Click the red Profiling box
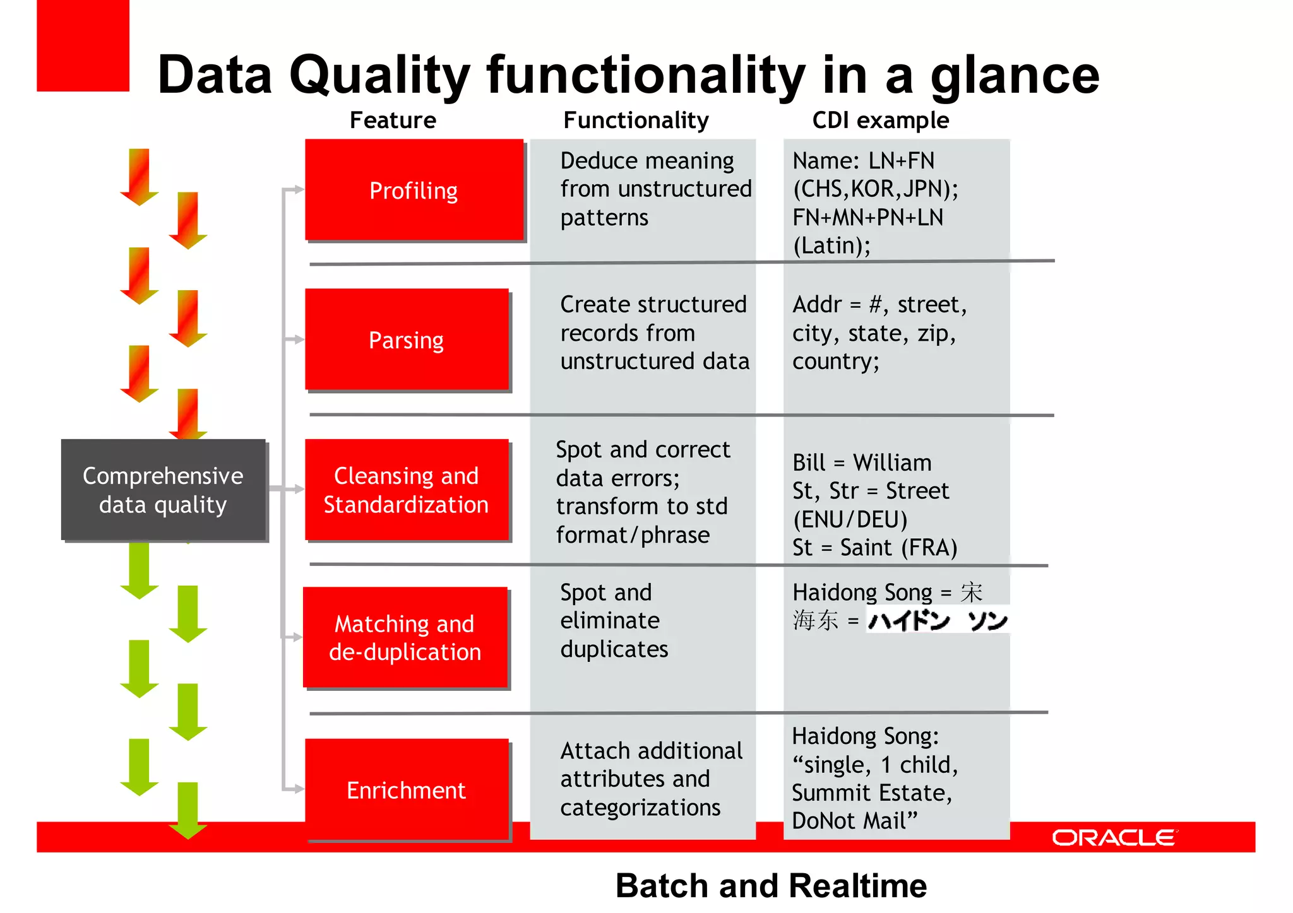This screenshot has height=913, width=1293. click(x=414, y=190)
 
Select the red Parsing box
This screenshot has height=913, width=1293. click(x=407, y=339)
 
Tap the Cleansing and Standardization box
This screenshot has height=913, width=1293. click(x=407, y=490)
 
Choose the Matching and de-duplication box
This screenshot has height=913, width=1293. click(x=405, y=637)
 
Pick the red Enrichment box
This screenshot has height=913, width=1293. click(x=407, y=789)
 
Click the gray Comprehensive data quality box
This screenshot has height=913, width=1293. click(x=163, y=490)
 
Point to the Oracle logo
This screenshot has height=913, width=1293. click(x=1114, y=837)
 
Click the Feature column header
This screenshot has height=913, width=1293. click(x=393, y=120)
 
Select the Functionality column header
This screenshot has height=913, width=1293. click(x=636, y=120)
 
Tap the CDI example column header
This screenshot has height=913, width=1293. click(x=880, y=120)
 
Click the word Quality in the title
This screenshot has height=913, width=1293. click(x=379, y=76)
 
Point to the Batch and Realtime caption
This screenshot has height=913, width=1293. click(x=771, y=885)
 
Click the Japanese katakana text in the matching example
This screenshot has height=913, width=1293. click(x=938, y=621)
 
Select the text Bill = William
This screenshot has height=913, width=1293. click(x=862, y=462)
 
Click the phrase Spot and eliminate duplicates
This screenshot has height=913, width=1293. click(x=614, y=620)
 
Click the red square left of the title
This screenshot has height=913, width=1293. click(x=83, y=45)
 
